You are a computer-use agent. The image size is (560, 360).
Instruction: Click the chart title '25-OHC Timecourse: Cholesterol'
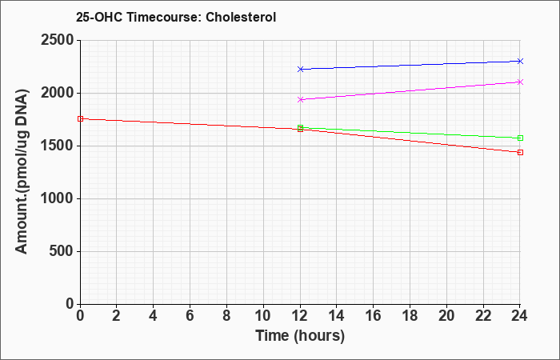(176, 17)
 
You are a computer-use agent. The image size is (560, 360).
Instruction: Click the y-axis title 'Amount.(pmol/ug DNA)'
(22, 172)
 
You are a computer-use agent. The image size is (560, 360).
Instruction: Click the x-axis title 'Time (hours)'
(300, 336)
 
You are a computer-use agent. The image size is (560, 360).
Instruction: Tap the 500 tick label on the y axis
(62, 251)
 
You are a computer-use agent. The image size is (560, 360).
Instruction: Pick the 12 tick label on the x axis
(300, 316)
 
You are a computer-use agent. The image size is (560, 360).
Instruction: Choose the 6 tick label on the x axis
(190, 316)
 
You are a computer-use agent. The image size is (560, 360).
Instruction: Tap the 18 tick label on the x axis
(410, 316)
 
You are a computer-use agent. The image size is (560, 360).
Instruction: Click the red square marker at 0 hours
(80, 119)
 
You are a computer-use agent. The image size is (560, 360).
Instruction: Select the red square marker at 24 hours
(520, 153)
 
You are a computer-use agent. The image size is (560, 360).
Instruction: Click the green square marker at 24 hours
(520, 138)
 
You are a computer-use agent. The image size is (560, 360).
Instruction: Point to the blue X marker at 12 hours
(300, 70)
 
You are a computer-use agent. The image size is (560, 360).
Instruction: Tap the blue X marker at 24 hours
(520, 61)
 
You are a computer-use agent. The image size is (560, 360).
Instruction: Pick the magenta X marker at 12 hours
(300, 100)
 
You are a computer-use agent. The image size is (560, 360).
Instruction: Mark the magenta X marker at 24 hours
(520, 82)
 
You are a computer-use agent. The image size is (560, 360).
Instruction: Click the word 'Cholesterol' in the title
(241, 17)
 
